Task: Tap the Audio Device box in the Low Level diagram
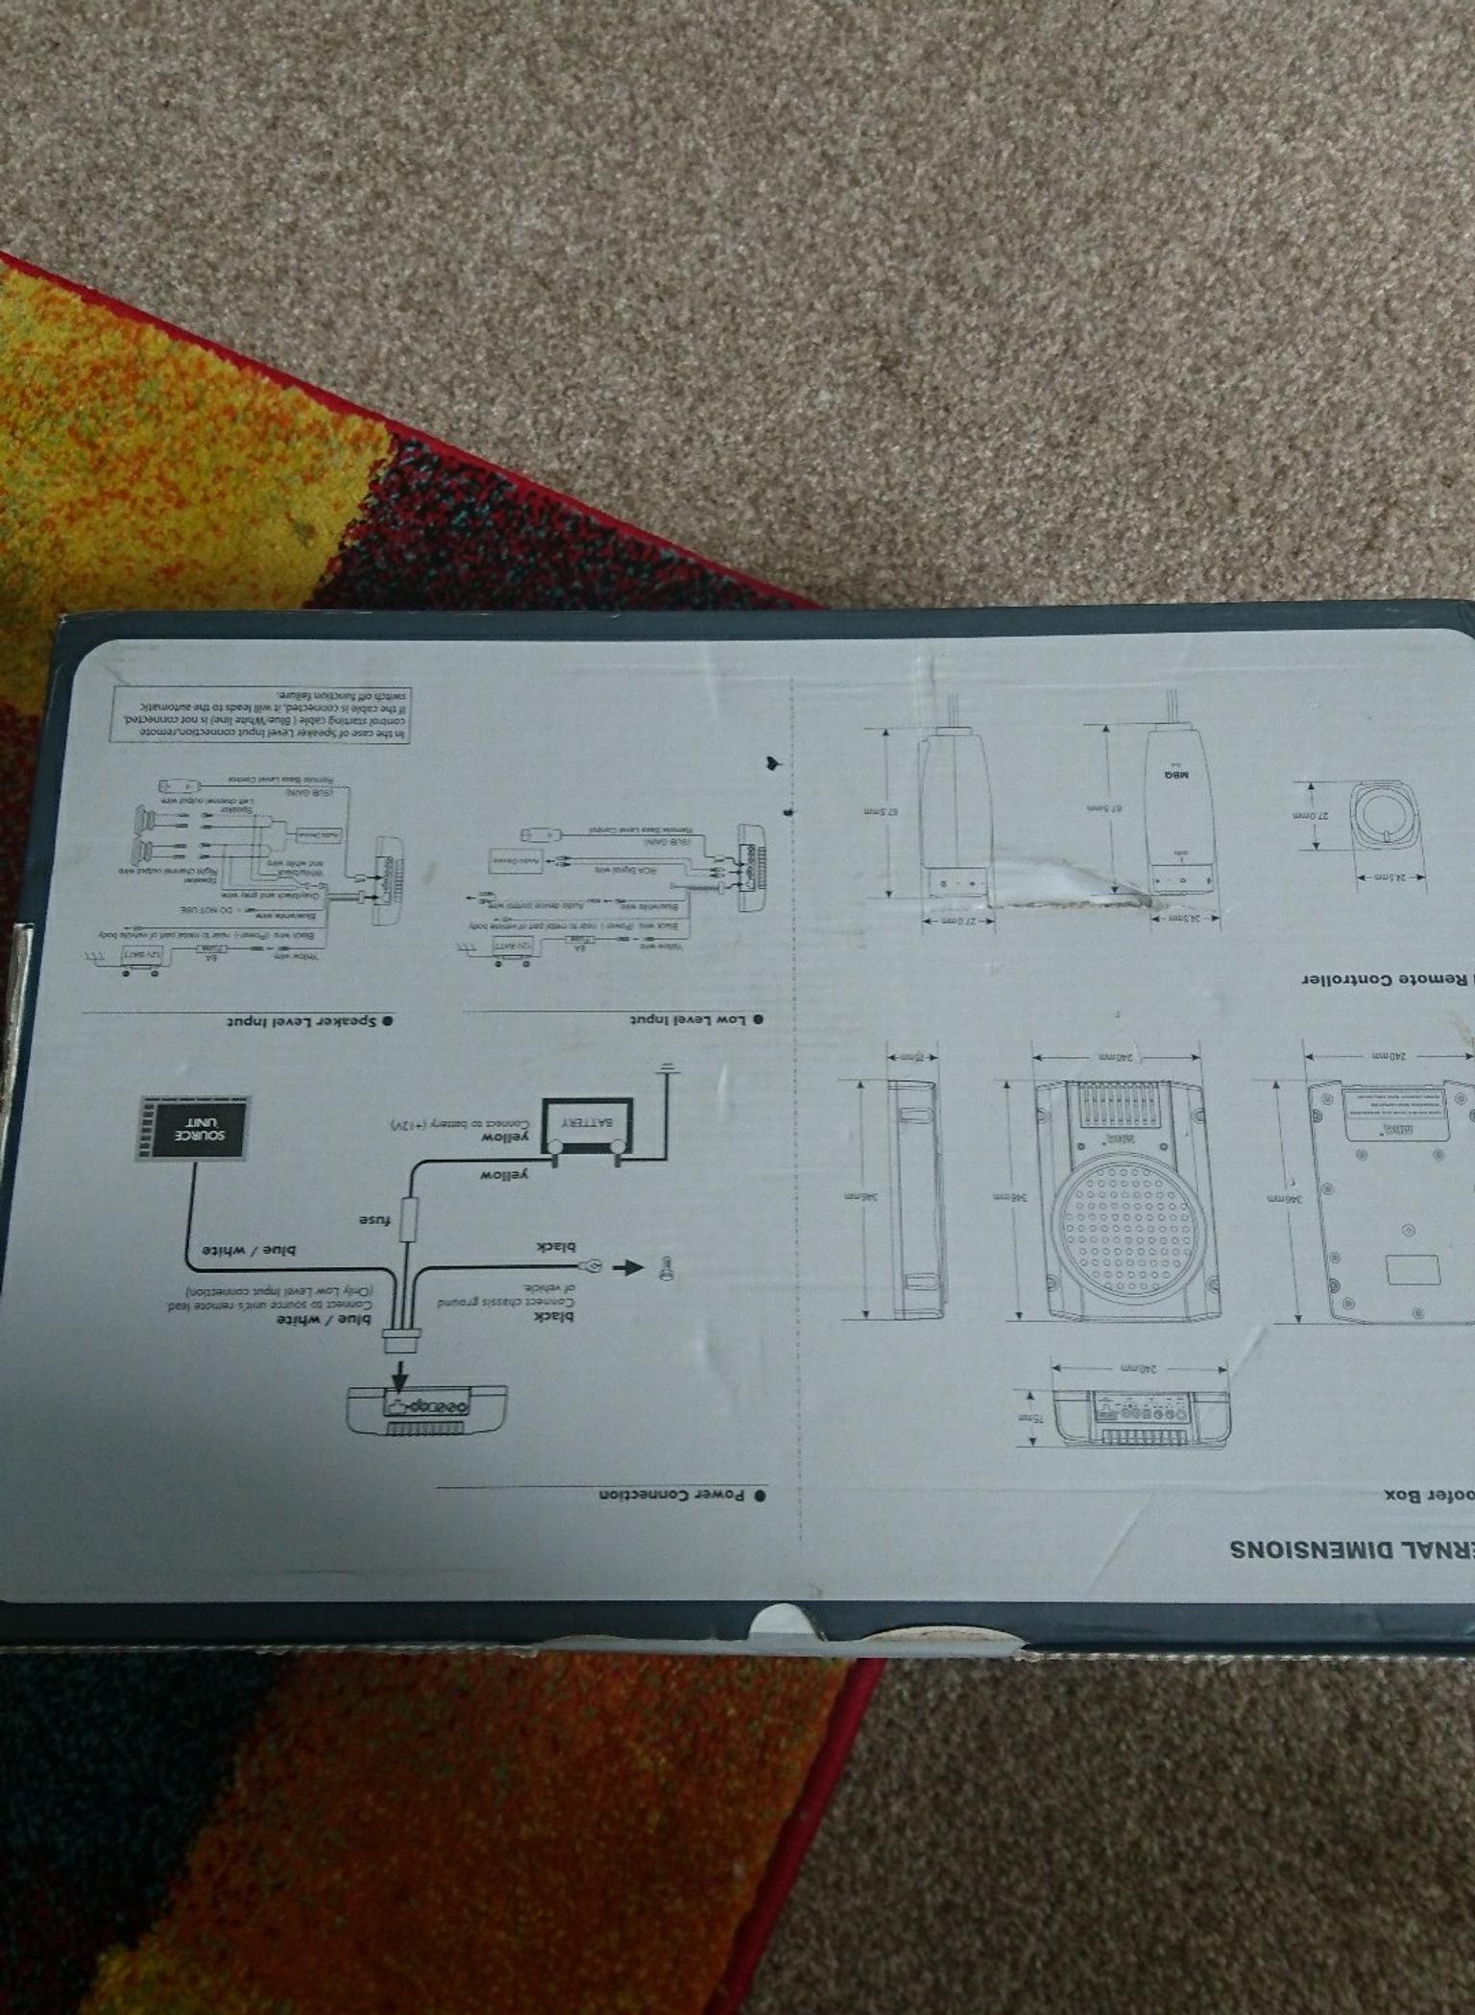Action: pos(518,862)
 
